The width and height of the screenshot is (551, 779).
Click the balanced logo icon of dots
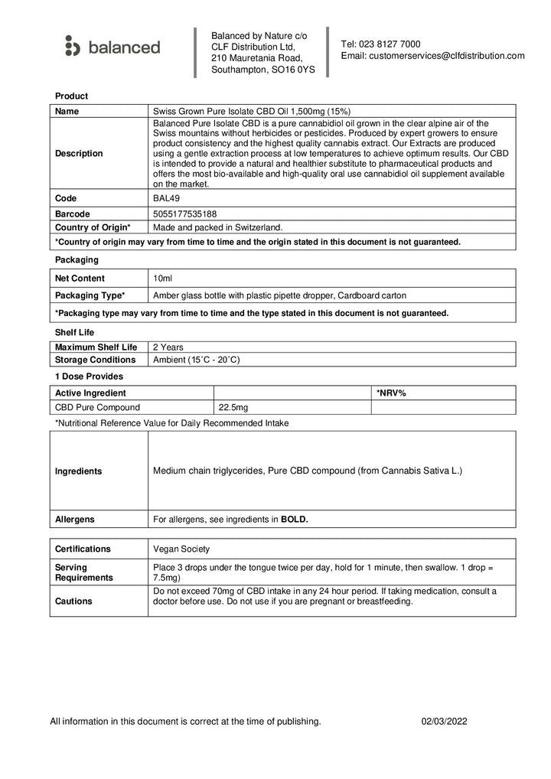72,46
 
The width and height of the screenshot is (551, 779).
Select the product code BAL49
167,198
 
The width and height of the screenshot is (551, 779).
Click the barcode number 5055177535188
184,213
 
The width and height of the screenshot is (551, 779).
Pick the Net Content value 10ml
163,278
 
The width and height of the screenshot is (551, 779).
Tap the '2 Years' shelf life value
168,347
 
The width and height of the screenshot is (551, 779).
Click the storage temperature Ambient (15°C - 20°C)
197,360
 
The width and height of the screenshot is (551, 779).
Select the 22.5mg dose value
233,407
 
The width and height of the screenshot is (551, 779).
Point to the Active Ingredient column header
90,393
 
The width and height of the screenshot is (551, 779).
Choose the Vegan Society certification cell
181,549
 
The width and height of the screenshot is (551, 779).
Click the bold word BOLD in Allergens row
295,519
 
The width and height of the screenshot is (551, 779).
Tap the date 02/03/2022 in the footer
445,721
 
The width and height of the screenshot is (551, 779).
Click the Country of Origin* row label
93,227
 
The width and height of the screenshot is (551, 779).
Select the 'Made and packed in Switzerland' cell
217,227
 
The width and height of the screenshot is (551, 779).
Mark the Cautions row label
75,601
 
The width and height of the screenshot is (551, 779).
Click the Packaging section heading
77,260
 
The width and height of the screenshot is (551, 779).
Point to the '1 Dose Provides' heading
89,376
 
